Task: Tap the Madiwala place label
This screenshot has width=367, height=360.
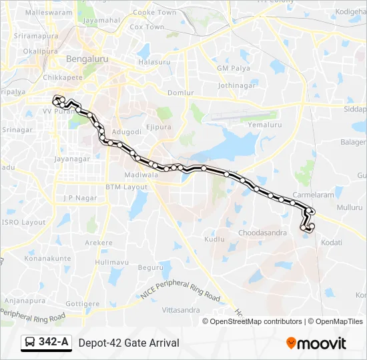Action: click(x=141, y=175)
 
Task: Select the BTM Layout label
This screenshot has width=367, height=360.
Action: click(x=126, y=187)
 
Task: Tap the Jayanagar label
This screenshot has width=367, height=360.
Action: click(x=72, y=159)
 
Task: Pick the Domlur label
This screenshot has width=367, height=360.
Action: click(x=181, y=93)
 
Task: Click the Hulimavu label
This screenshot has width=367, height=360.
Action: click(x=111, y=263)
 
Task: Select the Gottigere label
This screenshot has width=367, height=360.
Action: click(x=83, y=303)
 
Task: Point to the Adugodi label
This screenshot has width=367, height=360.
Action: click(x=126, y=132)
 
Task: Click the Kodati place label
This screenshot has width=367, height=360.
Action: click(x=331, y=243)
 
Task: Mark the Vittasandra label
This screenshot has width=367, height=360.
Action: click(x=181, y=310)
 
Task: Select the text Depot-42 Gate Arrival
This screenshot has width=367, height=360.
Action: click(x=129, y=343)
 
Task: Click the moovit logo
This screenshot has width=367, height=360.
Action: click(x=316, y=343)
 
